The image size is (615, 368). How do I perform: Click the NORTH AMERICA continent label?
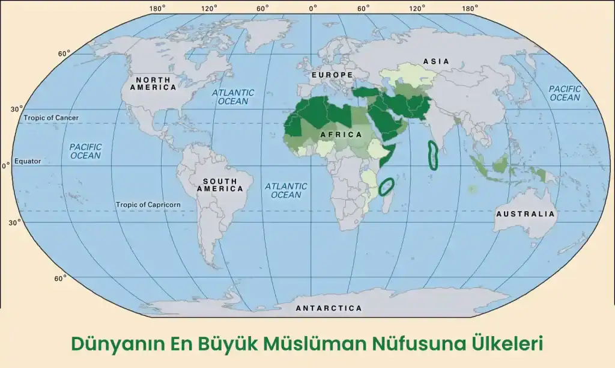[156, 83]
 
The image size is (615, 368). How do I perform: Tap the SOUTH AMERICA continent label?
[223, 185]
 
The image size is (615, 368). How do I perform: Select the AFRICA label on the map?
[341, 134]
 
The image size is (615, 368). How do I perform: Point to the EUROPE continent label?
[332, 75]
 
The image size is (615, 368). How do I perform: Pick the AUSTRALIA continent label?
[525, 213]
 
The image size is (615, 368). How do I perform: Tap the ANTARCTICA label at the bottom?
[329, 308]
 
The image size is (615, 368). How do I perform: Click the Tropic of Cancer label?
[51, 118]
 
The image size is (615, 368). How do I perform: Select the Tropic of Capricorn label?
[148, 204]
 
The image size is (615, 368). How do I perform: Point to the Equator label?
[28, 161]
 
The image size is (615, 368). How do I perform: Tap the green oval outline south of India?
[432, 155]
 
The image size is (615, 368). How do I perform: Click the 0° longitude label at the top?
[313, 8]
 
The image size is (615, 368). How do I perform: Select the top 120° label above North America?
[209, 8]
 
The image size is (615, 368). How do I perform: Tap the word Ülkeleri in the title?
[505, 344]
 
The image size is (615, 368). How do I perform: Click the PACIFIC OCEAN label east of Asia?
[565, 93]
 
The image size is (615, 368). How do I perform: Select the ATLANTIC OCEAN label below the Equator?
[286, 191]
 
